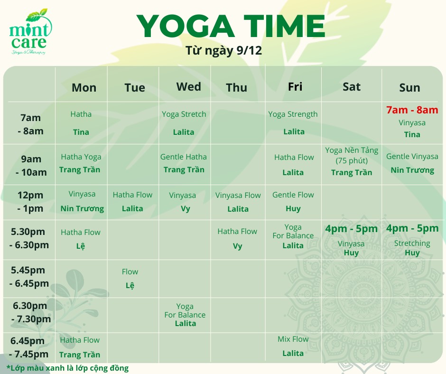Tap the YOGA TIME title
pyautogui.click(x=231, y=26)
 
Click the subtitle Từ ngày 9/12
pyautogui.click(x=223, y=51)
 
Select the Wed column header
pyautogui.click(x=188, y=86)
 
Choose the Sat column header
pyautogui.click(x=352, y=87)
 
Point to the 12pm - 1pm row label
pyautogui.click(x=30, y=202)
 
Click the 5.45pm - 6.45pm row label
pyautogui.click(x=29, y=277)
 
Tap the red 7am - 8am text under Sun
pyautogui.click(x=412, y=110)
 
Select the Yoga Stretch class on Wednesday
pyautogui.click(x=184, y=114)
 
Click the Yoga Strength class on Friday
pyautogui.click(x=293, y=114)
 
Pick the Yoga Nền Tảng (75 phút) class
pyautogui.click(x=352, y=155)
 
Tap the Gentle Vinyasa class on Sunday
pyautogui.click(x=412, y=156)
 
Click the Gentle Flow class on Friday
pyautogui.click(x=293, y=195)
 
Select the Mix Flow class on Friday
pyautogui.click(x=293, y=339)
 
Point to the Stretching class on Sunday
pyautogui.click(x=412, y=243)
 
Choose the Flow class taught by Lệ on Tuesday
pyautogui.click(x=130, y=271)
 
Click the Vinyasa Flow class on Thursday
pyautogui.click(x=238, y=195)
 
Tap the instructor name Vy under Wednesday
pyautogui.click(x=186, y=209)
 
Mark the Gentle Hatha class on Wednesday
pyautogui.click(x=184, y=157)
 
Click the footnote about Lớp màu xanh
pyautogui.click(x=67, y=368)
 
